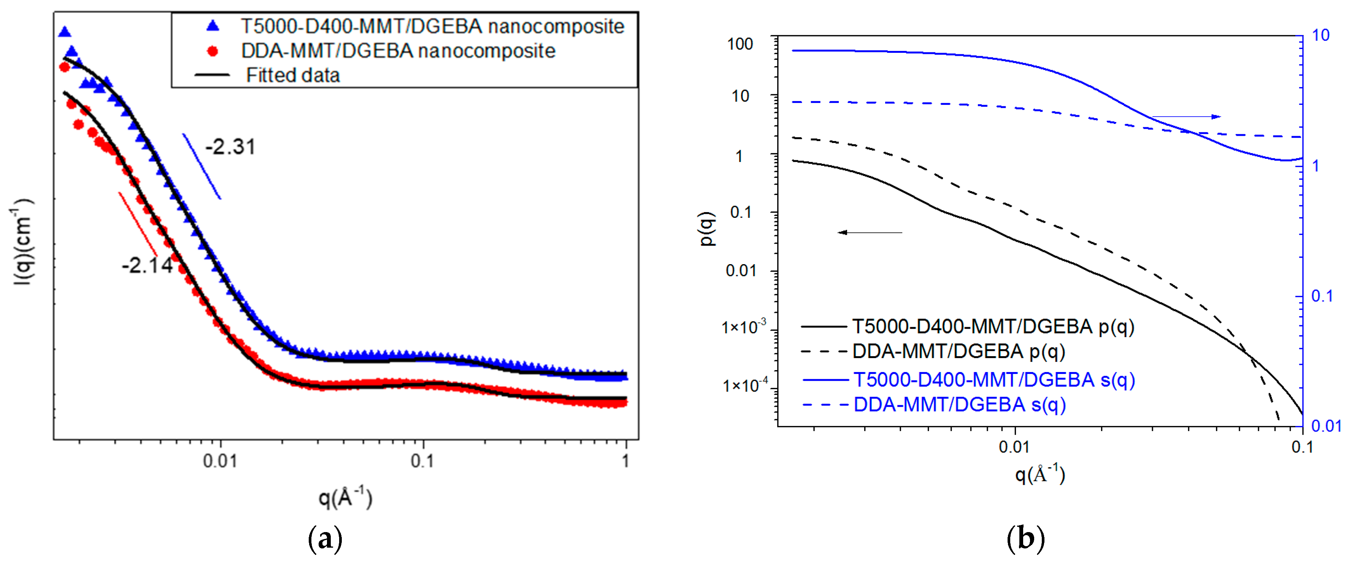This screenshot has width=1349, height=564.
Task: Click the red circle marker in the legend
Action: coord(213,51)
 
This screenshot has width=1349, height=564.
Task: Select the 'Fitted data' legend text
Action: coord(293,75)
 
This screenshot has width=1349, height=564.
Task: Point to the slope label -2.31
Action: coord(230,147)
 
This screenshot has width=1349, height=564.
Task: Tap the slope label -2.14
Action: coord(147,266)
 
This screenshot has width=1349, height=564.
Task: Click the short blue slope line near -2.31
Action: coord(202,166)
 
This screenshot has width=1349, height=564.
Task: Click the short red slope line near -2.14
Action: coord(138,224)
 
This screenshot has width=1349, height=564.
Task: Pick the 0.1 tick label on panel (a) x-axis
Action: coord(422,461)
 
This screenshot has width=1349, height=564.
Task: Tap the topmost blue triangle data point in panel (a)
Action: coord(64,32)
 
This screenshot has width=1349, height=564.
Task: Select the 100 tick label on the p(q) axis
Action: coord(740,44)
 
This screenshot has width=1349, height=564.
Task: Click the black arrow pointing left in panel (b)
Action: coord(869,232)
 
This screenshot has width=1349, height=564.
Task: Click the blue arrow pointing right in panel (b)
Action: coord(1186,116)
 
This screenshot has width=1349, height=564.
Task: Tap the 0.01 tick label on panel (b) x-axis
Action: coord(1014,447)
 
